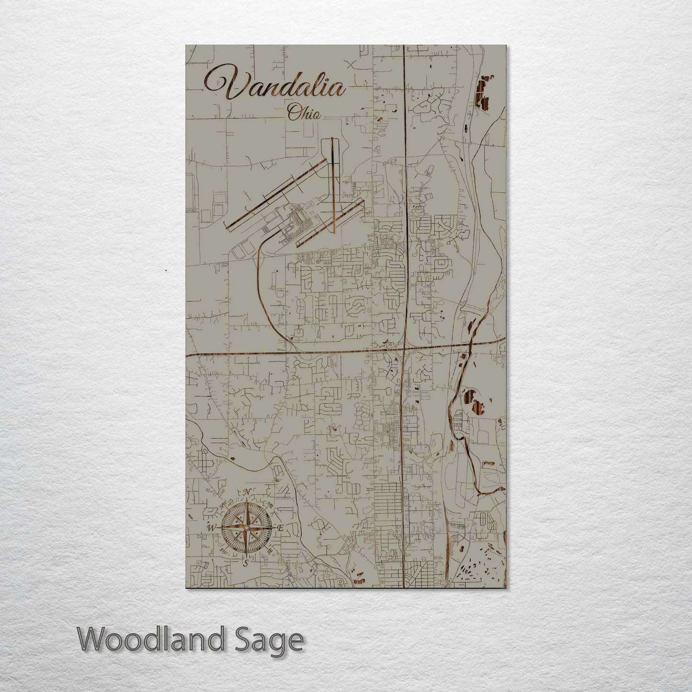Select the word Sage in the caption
coord(272,640)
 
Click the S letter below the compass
coord(246,563)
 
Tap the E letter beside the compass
coord(281,528)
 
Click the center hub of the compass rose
coord(246,528)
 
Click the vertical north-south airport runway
coord(331,184)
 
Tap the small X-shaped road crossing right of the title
coord(353,65)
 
